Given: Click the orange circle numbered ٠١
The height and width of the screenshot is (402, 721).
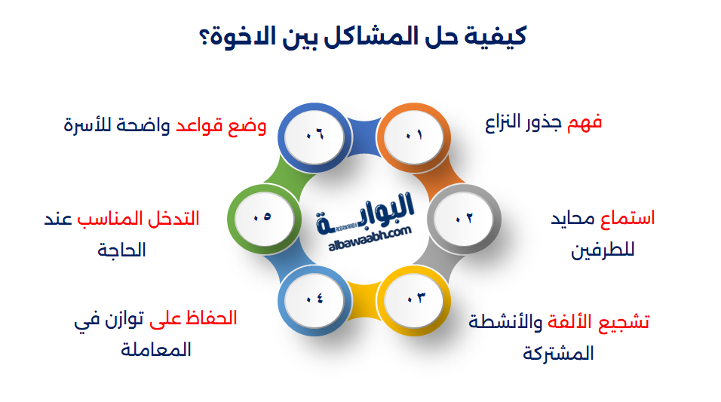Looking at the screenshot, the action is click(413, 137).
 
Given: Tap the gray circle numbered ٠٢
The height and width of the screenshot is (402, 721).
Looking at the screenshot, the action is click(464, 219).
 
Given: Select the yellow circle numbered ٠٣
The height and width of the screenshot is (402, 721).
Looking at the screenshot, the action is click(413, 301).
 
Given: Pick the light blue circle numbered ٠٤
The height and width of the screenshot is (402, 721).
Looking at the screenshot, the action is click(314, 301).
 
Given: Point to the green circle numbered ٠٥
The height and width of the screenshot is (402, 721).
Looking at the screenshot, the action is click(264, 219).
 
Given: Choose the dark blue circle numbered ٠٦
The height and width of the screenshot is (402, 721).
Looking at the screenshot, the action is click(314, 137).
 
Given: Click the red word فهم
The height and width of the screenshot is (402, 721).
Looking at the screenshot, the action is click(584, 123).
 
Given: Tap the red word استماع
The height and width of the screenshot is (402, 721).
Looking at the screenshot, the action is click(627, 218).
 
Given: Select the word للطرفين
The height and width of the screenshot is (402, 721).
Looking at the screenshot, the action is click(603, 250).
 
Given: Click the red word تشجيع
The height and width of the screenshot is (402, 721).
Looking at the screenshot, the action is click(624, 322).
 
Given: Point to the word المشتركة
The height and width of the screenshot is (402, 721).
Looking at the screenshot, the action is click(558, 354).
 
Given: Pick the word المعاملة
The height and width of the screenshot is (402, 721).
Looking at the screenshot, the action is click(156, 349).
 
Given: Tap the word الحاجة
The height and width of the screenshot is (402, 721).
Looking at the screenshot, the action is click(121, 250).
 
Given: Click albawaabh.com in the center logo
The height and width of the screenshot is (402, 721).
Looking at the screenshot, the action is click(370, 239).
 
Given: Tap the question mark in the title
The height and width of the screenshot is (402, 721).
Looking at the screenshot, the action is click(204, 38).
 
